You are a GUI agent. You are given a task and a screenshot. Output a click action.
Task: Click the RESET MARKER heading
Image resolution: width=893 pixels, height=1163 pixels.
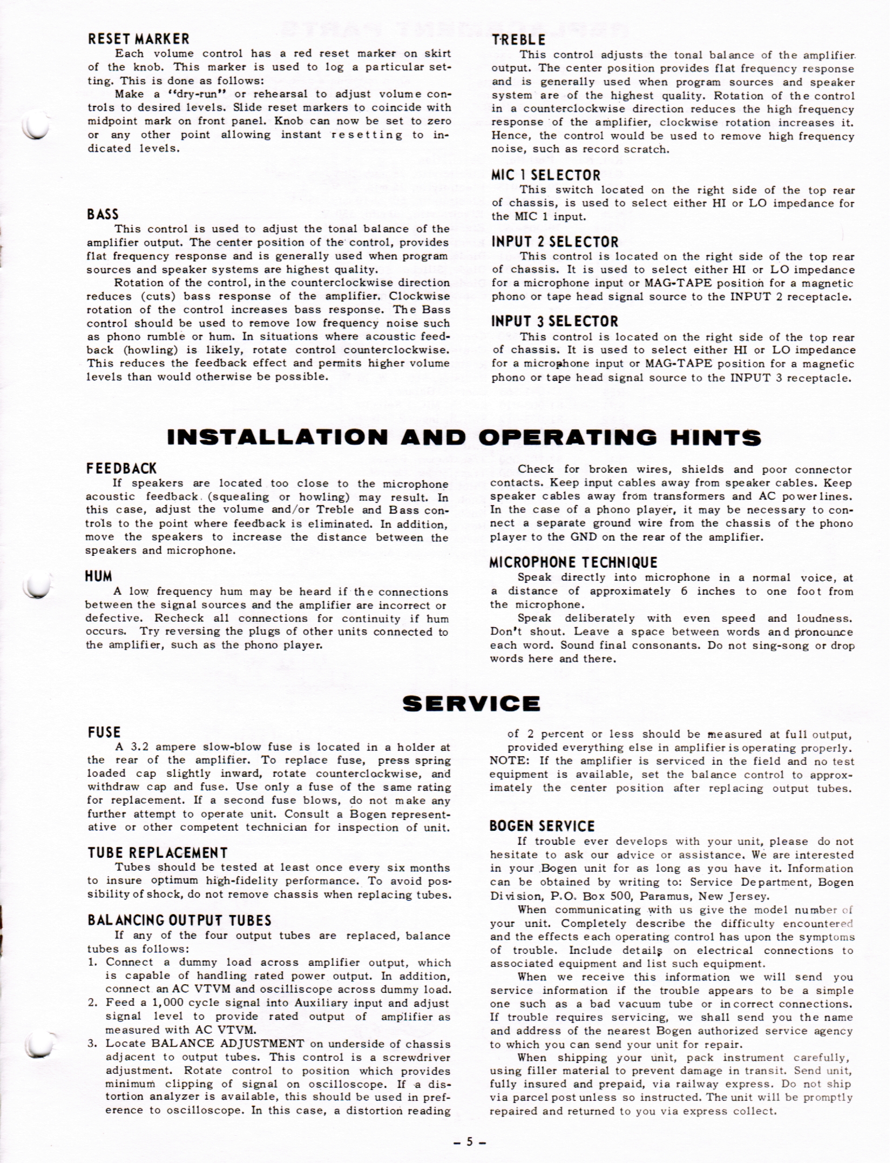coord(138,39)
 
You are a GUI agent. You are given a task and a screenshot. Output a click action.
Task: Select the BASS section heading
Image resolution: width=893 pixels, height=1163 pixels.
coord(103,214)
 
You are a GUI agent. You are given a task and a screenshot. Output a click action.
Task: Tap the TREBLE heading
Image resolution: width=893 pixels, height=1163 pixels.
coord(518,40)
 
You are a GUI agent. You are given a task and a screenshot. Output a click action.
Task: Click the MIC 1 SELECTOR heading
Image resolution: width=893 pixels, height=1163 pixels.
coord(545,175)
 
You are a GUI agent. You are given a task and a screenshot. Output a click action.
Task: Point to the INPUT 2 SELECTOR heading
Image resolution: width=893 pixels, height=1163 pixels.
coord(554,242)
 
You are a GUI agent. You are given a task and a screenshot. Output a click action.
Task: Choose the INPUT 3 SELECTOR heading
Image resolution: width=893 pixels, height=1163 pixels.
coord(554,321)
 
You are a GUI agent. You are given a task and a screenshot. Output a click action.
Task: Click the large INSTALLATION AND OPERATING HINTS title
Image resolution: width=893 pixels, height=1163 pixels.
coord(464,438)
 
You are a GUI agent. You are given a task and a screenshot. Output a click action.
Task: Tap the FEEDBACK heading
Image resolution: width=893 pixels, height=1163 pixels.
coord(121,468)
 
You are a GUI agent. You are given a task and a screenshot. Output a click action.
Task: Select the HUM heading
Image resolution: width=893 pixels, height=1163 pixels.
coord(98,576)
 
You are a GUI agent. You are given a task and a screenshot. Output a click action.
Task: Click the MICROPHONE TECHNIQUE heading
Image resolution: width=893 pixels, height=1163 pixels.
coord(573,562)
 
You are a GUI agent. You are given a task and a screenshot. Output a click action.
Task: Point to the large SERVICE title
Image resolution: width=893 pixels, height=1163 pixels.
coord(471,703)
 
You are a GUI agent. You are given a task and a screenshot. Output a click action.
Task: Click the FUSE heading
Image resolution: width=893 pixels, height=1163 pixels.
coord(104,732)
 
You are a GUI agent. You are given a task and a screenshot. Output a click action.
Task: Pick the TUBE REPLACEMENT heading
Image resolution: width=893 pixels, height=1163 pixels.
coord(157,853)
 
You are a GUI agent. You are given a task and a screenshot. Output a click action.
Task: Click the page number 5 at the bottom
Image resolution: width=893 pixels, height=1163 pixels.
coord(469,1141)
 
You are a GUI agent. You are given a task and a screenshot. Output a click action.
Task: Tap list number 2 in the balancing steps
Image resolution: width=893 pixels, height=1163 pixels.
coord(92,1003)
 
